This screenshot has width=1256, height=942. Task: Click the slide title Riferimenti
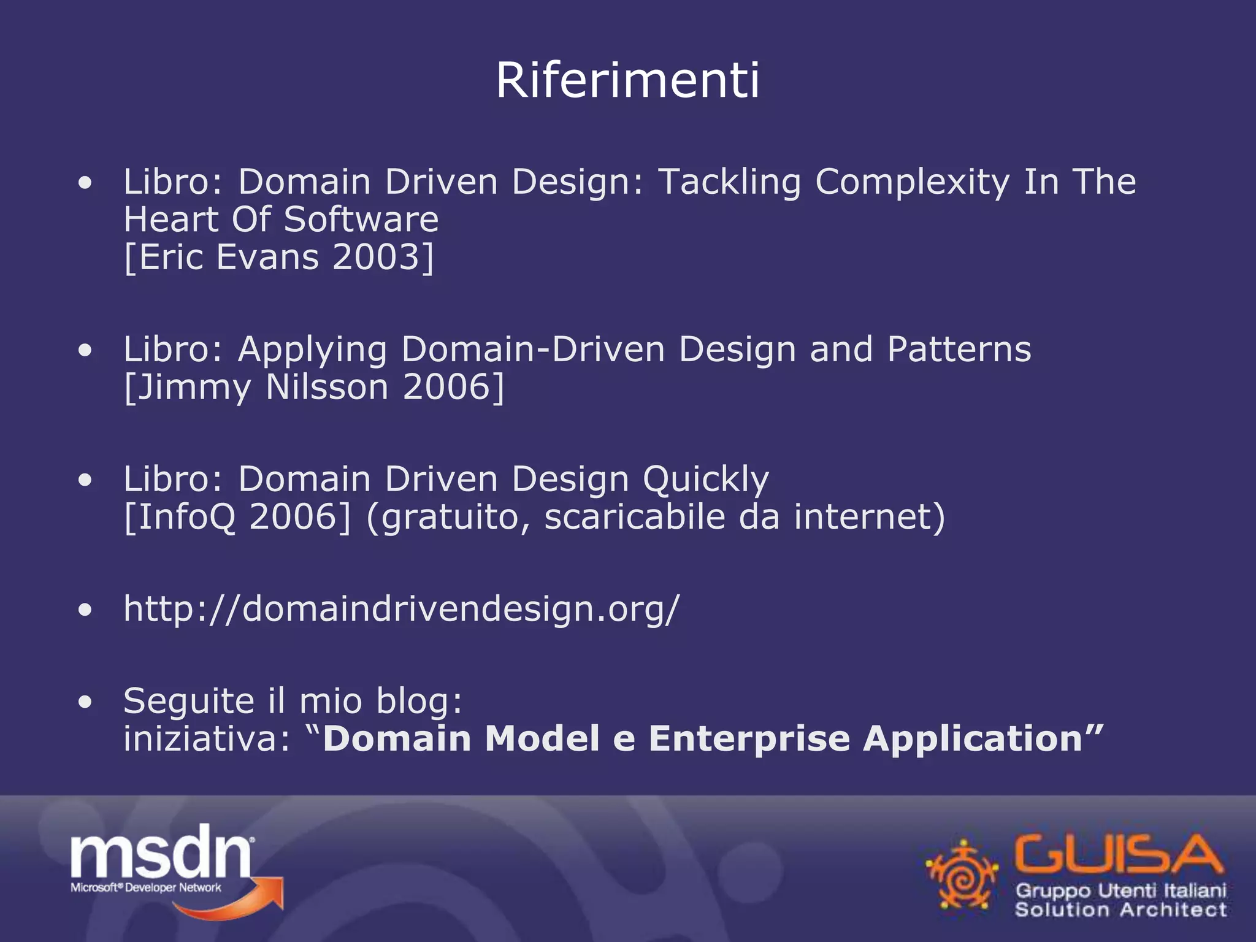pos(627,80)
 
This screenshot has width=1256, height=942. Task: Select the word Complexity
pos(912,182)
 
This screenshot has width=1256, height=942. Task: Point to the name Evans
pos(267,257)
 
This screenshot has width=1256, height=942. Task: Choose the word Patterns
pos(959,350)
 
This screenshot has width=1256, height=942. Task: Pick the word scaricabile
pos(634,516)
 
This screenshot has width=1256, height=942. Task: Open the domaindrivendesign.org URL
pos(402,610)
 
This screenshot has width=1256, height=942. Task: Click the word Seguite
pos(188,702)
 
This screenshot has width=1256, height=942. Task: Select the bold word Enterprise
pos(749,738)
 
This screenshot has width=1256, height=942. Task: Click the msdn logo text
pos(161,852)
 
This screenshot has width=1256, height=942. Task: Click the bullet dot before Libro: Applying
pos(85,350)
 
